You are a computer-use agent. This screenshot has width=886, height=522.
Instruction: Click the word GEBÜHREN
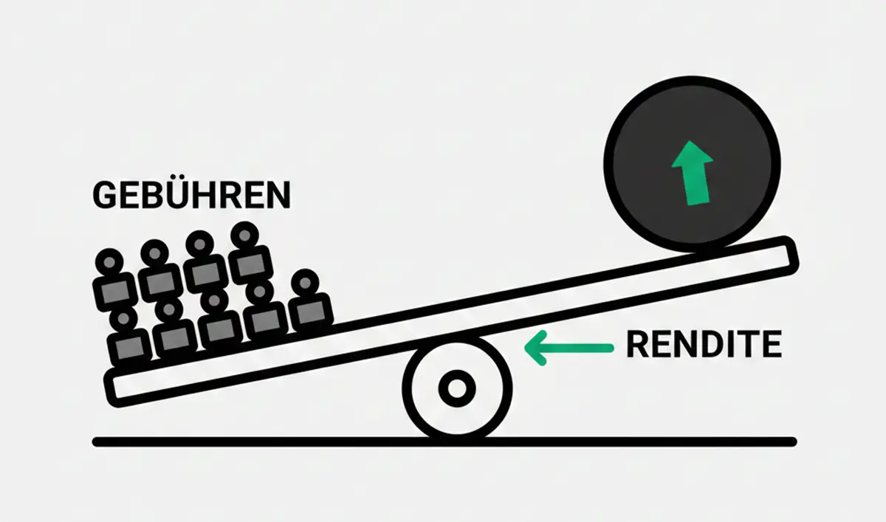pos(190,195)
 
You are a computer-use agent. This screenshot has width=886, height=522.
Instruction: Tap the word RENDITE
pos(704,345)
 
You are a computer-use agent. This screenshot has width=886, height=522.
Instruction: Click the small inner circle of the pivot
pos(456,388)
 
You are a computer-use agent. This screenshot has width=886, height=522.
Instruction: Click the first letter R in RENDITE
pos(638,345)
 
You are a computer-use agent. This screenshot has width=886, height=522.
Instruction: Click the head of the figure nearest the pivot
pos(305,283)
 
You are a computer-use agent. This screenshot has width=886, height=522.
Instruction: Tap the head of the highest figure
pos(243,236)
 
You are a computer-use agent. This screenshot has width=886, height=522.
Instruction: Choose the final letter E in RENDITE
pos(770,345)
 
